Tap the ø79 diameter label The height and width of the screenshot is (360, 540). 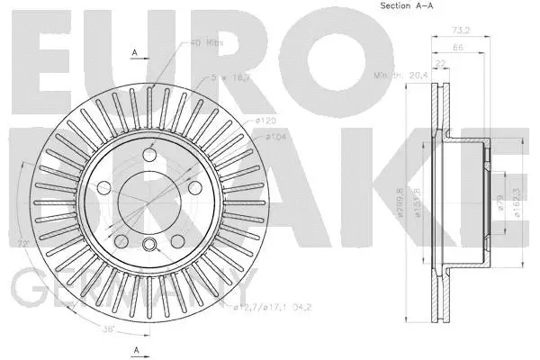(x=497, y=208)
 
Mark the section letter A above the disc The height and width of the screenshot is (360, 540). (x=135, y=53)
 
